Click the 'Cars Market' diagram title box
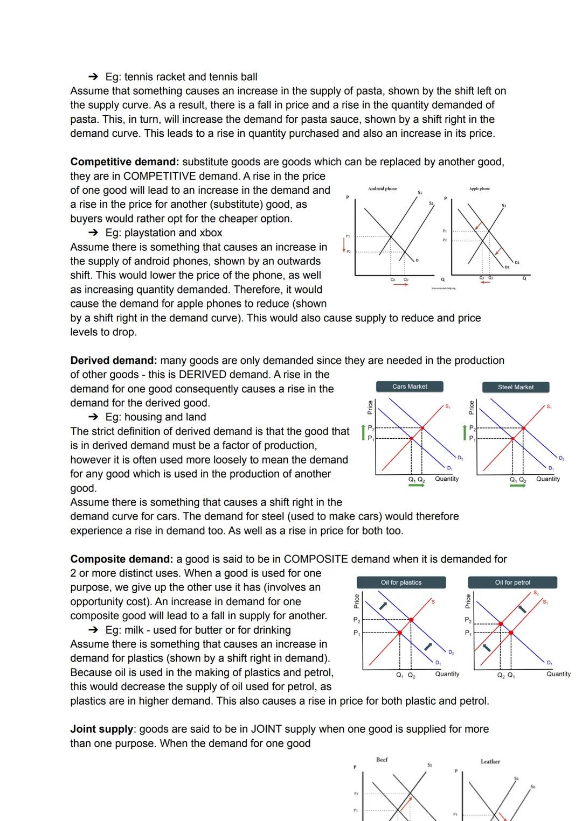pyautogui.click(x=410, y=387)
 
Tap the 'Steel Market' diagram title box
pyautogui.click(x=516, y=387)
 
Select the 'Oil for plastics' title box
pyautogui.click(x=401, y=583)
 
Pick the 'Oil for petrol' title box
pyautogui.click(x=512, y=583)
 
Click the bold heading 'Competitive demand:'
pyautogui.click(x=124, y=162)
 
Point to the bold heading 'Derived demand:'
pyautogui.click(x=113, y=361)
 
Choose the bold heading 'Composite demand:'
pyautogui.click(x=122, y=559)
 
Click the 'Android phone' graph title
pyautogui.click(x=382, y=189)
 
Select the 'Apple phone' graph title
pyautogui.click(x=480, y=189)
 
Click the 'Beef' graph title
pyautogui.click(x=382, y=760)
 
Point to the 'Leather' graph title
pyautogui.click(x=490, y=762)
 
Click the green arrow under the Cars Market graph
pyautogui.click(x=417, y=486)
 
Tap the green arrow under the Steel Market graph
pyautogui.click(x=517, y=486)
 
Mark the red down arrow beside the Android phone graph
pyautogui.click(x=344, y=245)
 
